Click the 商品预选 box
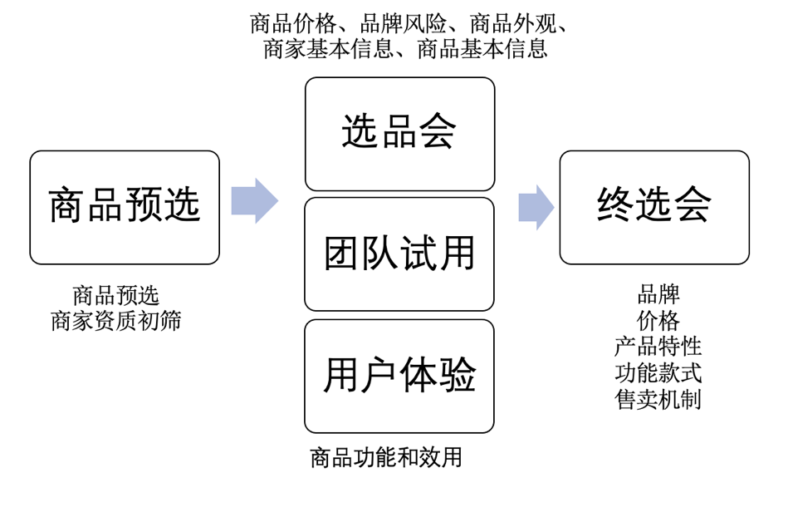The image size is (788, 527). click(125, 207)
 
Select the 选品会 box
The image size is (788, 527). click(399, 134)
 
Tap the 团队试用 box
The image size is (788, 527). click(399, 254)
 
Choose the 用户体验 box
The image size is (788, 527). click(399, 376)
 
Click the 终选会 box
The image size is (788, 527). click(654, 207)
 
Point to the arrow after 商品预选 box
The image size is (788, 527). click(254, 201)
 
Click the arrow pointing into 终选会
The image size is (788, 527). click(536, 207)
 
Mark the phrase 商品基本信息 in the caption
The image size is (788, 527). click(482, 49)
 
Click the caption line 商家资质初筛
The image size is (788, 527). click(116, 322)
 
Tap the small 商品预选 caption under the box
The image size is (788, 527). click(116, 296)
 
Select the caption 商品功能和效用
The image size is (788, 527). click(386, 457)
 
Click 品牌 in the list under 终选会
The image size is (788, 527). click(658, 294)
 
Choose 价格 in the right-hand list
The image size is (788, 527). click(658, 321)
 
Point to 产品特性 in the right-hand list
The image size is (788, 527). click(658, 347)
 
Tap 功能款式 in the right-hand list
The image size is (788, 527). click(658, 373)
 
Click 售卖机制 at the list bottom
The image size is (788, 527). click(658, 400)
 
